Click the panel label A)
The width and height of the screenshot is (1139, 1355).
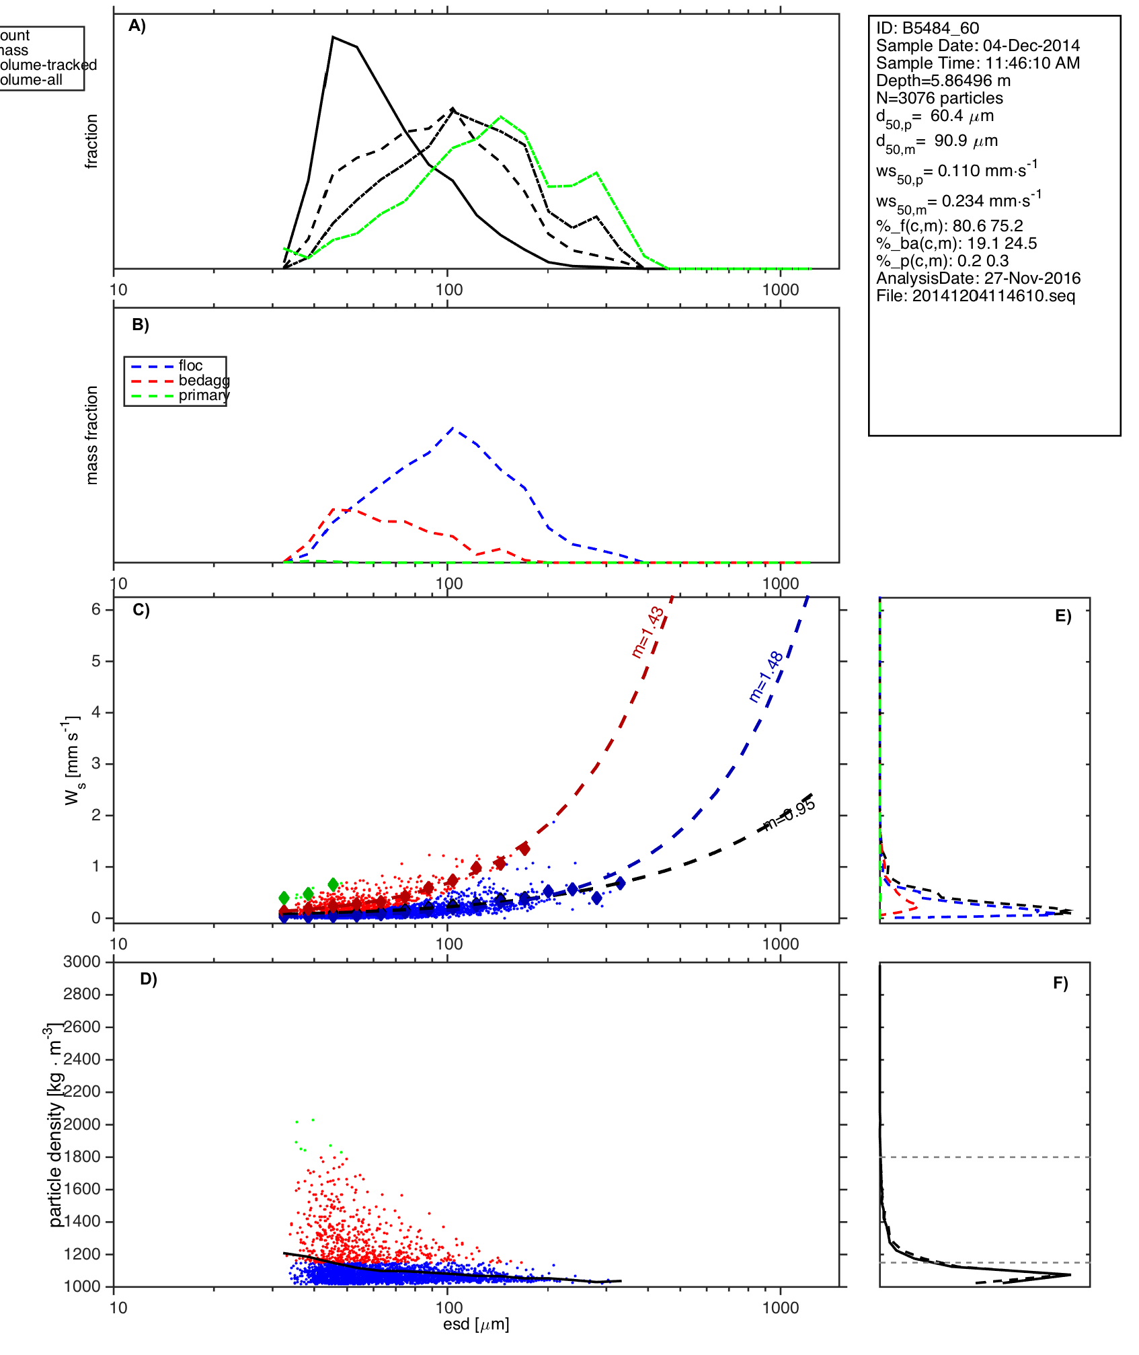[137, 26]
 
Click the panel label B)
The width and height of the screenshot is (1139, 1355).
[141, 325]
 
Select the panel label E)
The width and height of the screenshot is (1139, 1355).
[1063, 616]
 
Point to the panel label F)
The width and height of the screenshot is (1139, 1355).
[1060, 984]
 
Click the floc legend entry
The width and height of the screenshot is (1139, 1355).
[190, 366]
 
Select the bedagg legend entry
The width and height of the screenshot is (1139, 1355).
[203, 381]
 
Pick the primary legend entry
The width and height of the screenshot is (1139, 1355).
[203, 395]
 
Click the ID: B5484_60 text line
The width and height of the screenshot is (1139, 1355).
[927, 28]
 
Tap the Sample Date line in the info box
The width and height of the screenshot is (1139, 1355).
[978, 46]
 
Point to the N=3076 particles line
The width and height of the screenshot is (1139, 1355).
[939, 98]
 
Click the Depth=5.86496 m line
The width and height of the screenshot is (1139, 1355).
[943, 81]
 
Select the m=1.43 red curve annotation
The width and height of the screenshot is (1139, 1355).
[648, 632]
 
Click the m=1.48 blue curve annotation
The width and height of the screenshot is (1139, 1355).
[766, 676]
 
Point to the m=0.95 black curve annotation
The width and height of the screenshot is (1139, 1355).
[789, 814]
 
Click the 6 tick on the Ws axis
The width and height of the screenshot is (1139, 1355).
[96, 609]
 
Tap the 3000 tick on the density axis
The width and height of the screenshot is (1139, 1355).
[81, 962]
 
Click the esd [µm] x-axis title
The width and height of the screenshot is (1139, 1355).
[476, 1325]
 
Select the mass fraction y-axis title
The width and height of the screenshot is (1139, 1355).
[91, 435]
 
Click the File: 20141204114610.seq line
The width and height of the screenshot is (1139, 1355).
[975, 296]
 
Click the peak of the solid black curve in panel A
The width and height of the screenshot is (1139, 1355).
[333, 37]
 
